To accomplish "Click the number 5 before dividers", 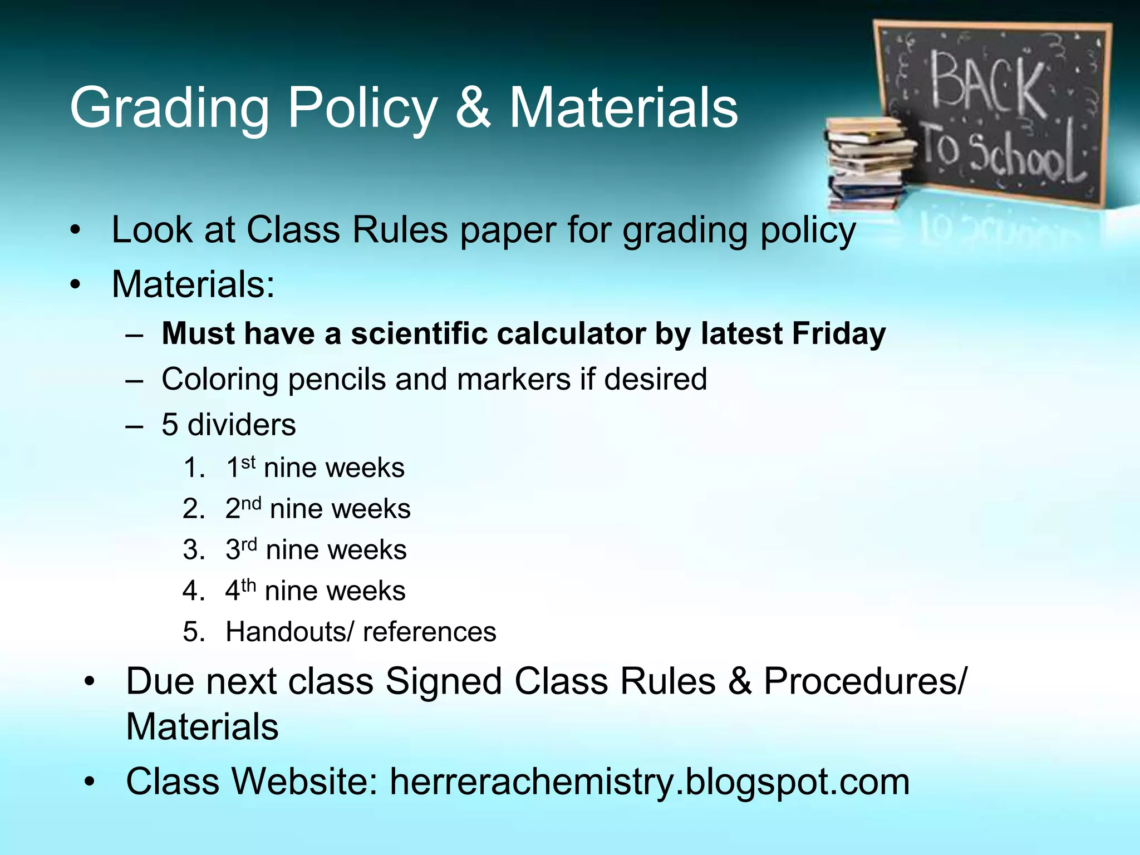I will click(x=170, y=425).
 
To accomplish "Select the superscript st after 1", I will click(x=248, y=461).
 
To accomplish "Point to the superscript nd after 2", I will click(x=251, y=503).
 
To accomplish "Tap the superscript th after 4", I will click(x=249, y=585).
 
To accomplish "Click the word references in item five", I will click(x=429, y=632).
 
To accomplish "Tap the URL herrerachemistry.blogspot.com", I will click(x=650, y=782).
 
